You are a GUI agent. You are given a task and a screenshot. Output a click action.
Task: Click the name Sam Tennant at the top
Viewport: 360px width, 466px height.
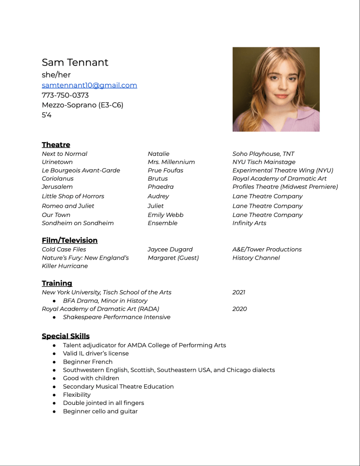coord(75,62)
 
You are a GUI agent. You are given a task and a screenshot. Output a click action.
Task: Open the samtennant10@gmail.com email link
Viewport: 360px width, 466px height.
coord(89,85)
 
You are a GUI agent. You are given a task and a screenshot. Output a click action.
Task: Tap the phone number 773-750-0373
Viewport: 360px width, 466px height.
coord(65,95)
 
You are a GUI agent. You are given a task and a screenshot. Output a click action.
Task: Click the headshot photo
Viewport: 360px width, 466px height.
coord(276,89)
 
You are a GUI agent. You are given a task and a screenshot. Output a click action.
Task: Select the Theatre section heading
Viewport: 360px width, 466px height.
coord(56,144)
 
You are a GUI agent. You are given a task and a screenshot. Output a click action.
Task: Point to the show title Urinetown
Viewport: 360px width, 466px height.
coord(57,162)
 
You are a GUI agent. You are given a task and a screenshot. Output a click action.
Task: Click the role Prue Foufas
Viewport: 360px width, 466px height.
coord(165,170)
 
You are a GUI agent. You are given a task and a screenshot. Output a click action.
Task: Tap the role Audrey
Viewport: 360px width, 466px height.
coord(158,196)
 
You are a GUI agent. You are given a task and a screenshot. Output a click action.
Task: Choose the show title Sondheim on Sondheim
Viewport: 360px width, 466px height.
coord(78,223)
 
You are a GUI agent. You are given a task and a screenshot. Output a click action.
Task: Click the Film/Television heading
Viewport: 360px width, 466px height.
coord(70,240)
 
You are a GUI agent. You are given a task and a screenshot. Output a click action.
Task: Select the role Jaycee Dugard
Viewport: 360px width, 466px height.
coord(170,249)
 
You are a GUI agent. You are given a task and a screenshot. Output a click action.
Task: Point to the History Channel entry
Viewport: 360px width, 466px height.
coord(256,258)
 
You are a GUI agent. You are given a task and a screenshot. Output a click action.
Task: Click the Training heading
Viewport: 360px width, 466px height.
coord(57,283)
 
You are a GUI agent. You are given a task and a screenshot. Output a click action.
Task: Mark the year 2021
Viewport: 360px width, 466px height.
coord(238,292)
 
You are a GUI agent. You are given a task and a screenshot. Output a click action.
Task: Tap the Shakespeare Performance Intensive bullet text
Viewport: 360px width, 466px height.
coord(117,317)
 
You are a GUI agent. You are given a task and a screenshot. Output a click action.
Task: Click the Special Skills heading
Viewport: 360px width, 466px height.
coord(66,336)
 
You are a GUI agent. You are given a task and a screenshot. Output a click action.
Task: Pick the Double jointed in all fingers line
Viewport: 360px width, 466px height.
coord(103,403)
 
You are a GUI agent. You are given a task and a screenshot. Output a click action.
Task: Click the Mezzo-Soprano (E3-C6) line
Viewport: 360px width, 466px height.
coord(82,105)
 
